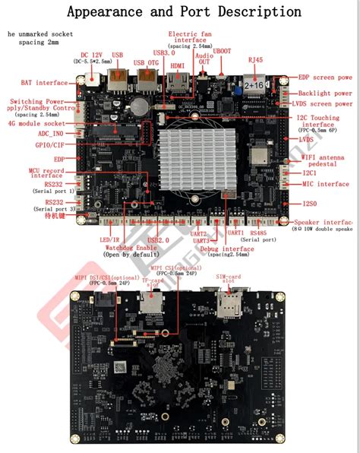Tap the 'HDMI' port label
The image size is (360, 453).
click(178, 65)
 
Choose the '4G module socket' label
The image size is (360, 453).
click(39, 122)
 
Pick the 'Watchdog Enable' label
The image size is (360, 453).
click(131, 248)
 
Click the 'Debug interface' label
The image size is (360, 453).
click(228, 249)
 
